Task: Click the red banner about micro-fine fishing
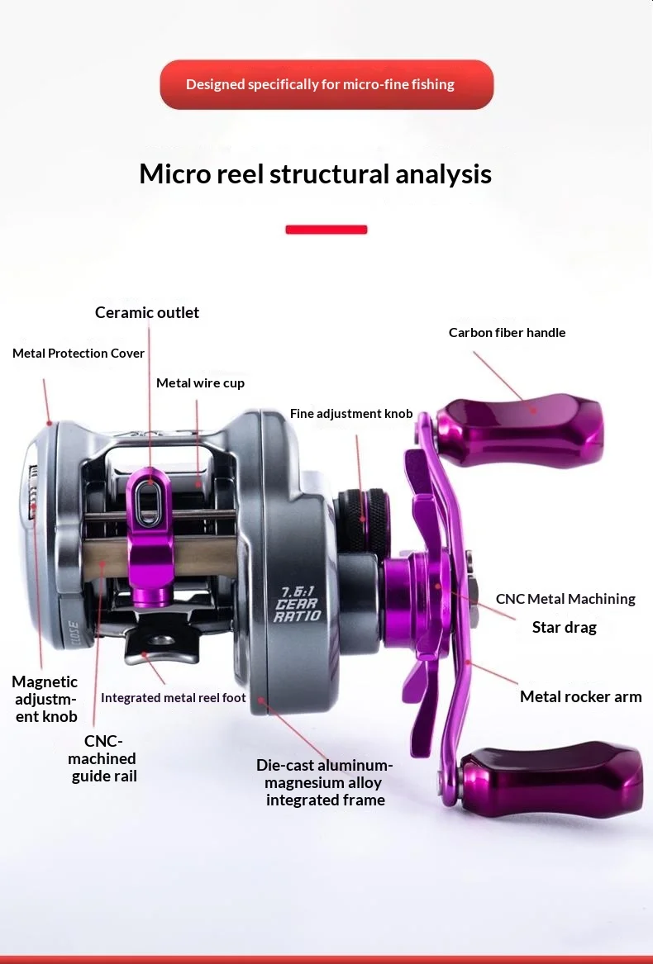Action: click(326, 85)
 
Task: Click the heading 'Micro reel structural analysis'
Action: click(315, 174)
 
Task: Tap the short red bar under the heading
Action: click(326, 230)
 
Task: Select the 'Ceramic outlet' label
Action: click(147, 312)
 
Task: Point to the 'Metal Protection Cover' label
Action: click(79, 354)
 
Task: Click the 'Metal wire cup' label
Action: click(200, 383)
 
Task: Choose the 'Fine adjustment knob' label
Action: click(351, 414)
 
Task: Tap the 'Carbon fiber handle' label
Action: click(508, 333)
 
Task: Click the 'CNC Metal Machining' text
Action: click(565, 599)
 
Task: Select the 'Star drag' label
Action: click(565, 627)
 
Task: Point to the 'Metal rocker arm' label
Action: click(581, 696)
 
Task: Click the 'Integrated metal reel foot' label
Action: click(173, 698)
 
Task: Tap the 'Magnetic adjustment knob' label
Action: click(45, 699)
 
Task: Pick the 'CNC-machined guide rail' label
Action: click(102, 758)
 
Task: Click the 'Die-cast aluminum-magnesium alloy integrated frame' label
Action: click(325, 782)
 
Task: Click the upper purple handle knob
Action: click(520, 430)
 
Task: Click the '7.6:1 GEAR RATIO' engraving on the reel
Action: click(298, 605)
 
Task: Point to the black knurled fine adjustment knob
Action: click(363, 520)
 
